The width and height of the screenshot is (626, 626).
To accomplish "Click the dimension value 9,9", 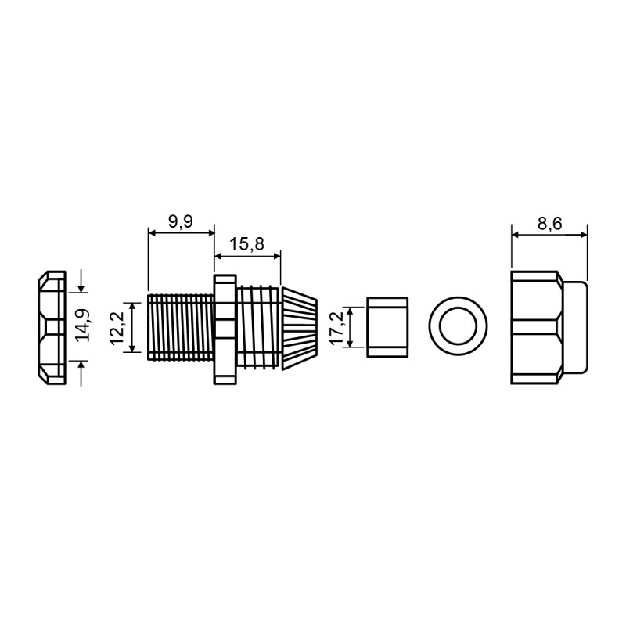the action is pos(181,221).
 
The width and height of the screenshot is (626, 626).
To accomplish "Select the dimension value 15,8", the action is pos(246,243).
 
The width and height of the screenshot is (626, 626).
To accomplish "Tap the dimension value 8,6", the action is pos(549,224).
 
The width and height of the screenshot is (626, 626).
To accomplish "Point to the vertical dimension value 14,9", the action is pos(83,325).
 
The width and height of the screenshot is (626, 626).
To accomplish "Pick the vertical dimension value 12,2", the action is pos(117,328).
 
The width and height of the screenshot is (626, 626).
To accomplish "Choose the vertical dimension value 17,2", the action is pos(337,327).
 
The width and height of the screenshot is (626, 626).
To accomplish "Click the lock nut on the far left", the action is pos(52,328).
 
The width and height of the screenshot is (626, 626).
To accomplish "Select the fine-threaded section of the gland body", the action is pos(181,327).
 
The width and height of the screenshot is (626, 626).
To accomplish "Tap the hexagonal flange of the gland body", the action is pos(225,329).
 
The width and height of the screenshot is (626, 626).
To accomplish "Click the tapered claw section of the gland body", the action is pos(300,328).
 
